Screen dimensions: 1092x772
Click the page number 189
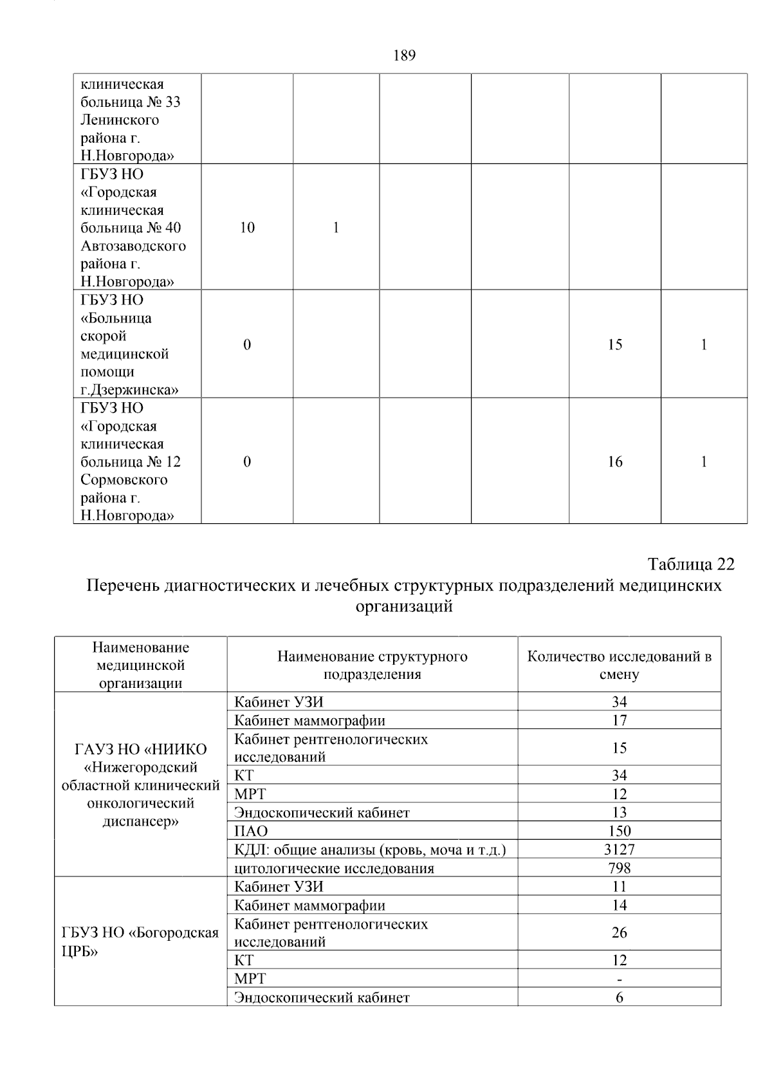(x=404, y=56)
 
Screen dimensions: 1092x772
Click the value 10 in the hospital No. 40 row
(x=247, y=228)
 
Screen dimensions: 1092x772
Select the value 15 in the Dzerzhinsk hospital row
(x=615, y=345)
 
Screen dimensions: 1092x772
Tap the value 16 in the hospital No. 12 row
(x=615, y=462)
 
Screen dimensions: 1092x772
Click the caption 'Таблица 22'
(x=691, y=564)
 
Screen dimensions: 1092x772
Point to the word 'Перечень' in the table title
(x=123, y=586)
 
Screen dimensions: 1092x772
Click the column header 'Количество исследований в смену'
(x=619, y=665)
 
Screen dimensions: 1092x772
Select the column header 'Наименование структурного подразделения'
(x=372, y=665)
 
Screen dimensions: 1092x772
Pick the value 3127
(x=619, y=849)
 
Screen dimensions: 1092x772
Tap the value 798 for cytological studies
(x=619, y=868)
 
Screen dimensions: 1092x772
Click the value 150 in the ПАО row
(x=619, y=831)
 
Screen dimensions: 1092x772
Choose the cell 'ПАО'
(x=251, y=831)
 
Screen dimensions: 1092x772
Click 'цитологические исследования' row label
(x=334, y=869)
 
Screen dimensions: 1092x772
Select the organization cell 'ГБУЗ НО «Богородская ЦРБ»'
(x=140, y=942)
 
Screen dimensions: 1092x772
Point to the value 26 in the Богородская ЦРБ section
(x=619, y=932)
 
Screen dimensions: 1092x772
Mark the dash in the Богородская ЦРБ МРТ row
(x=619, y=979)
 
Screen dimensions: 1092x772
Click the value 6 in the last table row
(x=619, y=998)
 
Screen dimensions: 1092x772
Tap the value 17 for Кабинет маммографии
(x=619, y=720)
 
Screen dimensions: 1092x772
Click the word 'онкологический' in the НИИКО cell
(x=140, y=804)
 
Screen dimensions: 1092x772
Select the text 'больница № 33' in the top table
(x=131, y=102)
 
